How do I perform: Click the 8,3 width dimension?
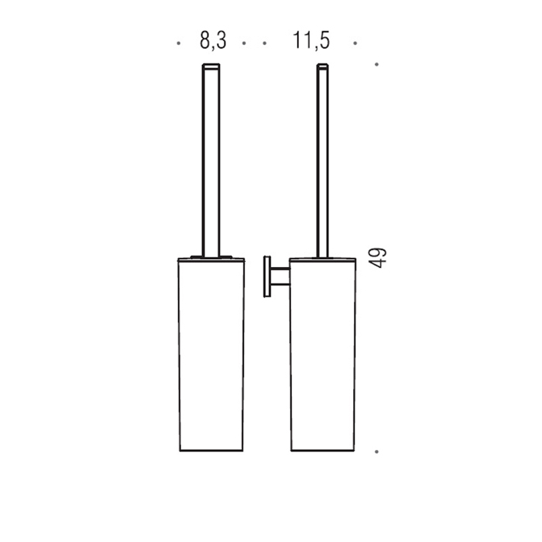click(213, 40)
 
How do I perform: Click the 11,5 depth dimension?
click(311, 40)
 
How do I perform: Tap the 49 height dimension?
click(377, 258)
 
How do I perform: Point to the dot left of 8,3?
click(178, 43)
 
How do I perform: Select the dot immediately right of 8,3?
click(244, 43)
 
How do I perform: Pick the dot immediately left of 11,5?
click(265, 43)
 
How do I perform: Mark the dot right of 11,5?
click(355, 43)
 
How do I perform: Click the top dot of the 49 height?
click(376, 64)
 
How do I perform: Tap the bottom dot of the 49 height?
click(376, 451)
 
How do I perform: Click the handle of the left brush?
click(211, 161)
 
